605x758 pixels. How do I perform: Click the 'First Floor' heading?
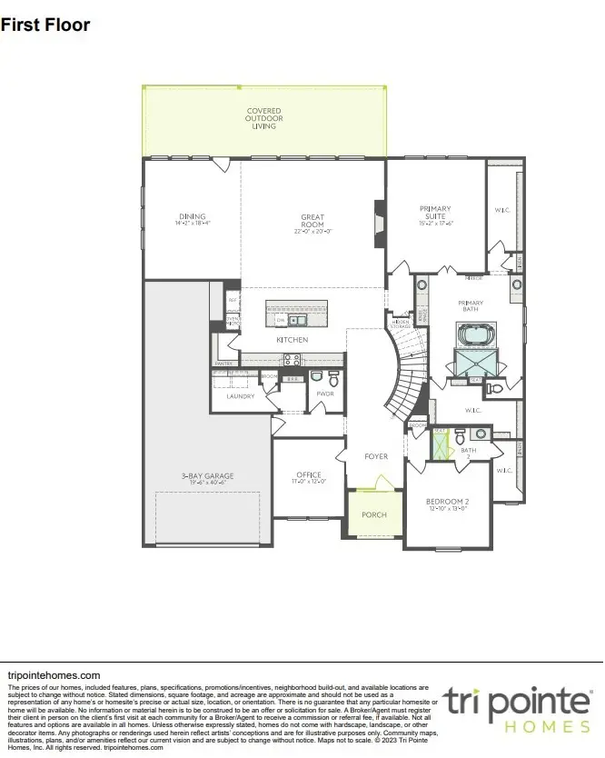45,25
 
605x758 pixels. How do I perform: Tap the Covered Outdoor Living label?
264,119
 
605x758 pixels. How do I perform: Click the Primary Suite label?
434,214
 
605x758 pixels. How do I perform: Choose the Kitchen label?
293,340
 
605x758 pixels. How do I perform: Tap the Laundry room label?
239,396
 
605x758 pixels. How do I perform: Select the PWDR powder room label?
324,394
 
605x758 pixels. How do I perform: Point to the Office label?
309,476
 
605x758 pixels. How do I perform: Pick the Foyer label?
376,456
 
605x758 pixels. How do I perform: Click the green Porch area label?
374,514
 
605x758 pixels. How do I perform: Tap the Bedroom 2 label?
447,504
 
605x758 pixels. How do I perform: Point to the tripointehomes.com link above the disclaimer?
54,675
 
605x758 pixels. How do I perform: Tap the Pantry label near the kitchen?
223,363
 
